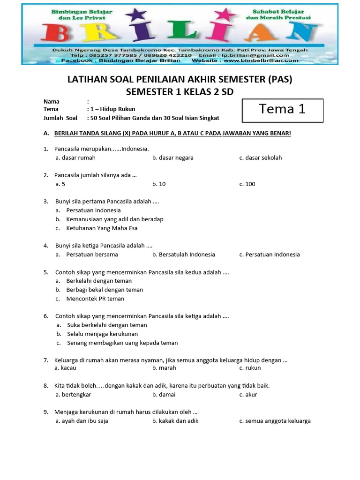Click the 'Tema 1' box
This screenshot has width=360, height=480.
pos(282,110)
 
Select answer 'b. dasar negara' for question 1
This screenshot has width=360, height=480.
pos(172,158)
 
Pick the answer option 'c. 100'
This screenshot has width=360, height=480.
pos(247,184)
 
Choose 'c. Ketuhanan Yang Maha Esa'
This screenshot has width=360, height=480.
pos(96,228)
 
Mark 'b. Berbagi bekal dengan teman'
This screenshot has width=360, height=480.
pos(99,290)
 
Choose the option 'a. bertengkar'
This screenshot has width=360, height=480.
pos(73,394)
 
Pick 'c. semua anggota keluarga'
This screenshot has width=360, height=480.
pos(275,421)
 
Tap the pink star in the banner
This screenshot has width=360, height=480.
pos(228,15)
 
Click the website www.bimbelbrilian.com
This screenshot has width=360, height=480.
pos(260,60)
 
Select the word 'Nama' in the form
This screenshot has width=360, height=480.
pos(52,101)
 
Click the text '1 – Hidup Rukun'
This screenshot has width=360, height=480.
pos(113,110)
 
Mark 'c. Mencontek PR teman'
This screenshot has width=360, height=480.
pos(95,299)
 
